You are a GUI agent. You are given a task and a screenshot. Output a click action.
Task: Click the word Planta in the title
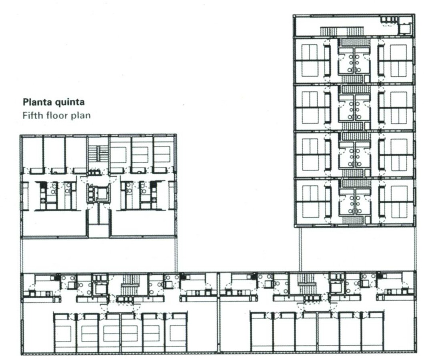(x=38, y=102)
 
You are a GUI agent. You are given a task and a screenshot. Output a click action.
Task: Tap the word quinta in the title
(x=70, y=102)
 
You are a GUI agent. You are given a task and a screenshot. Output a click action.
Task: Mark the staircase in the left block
(x=98, y=153)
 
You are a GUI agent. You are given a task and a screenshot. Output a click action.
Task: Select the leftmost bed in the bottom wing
(x=63, y=334)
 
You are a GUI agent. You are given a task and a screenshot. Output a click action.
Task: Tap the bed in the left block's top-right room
(x=163, y=155)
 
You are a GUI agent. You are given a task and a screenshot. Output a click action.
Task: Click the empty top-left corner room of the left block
(x=32, y=153)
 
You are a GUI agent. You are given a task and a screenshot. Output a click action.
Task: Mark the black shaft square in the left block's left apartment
(x=42, y=184)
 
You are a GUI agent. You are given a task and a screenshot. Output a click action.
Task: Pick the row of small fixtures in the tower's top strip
(x=389, y=20)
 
